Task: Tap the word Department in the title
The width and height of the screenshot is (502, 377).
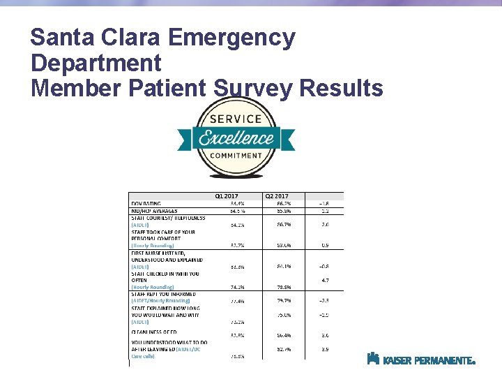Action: click(96, 64)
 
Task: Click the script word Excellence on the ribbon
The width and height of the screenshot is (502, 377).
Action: click(236, 138)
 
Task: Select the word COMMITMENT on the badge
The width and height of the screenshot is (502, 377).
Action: click(235, 156)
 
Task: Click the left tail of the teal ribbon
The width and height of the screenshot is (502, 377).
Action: click(184, 138)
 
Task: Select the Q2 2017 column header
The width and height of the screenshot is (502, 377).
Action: click(276, 196)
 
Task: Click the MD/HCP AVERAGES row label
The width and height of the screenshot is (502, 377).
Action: click(154, 210)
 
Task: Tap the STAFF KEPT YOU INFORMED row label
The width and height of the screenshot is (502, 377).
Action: click(164, 294)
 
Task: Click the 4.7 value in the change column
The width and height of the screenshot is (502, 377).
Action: click(324, 280)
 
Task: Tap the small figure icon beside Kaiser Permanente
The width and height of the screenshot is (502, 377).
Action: click(373, 359)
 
